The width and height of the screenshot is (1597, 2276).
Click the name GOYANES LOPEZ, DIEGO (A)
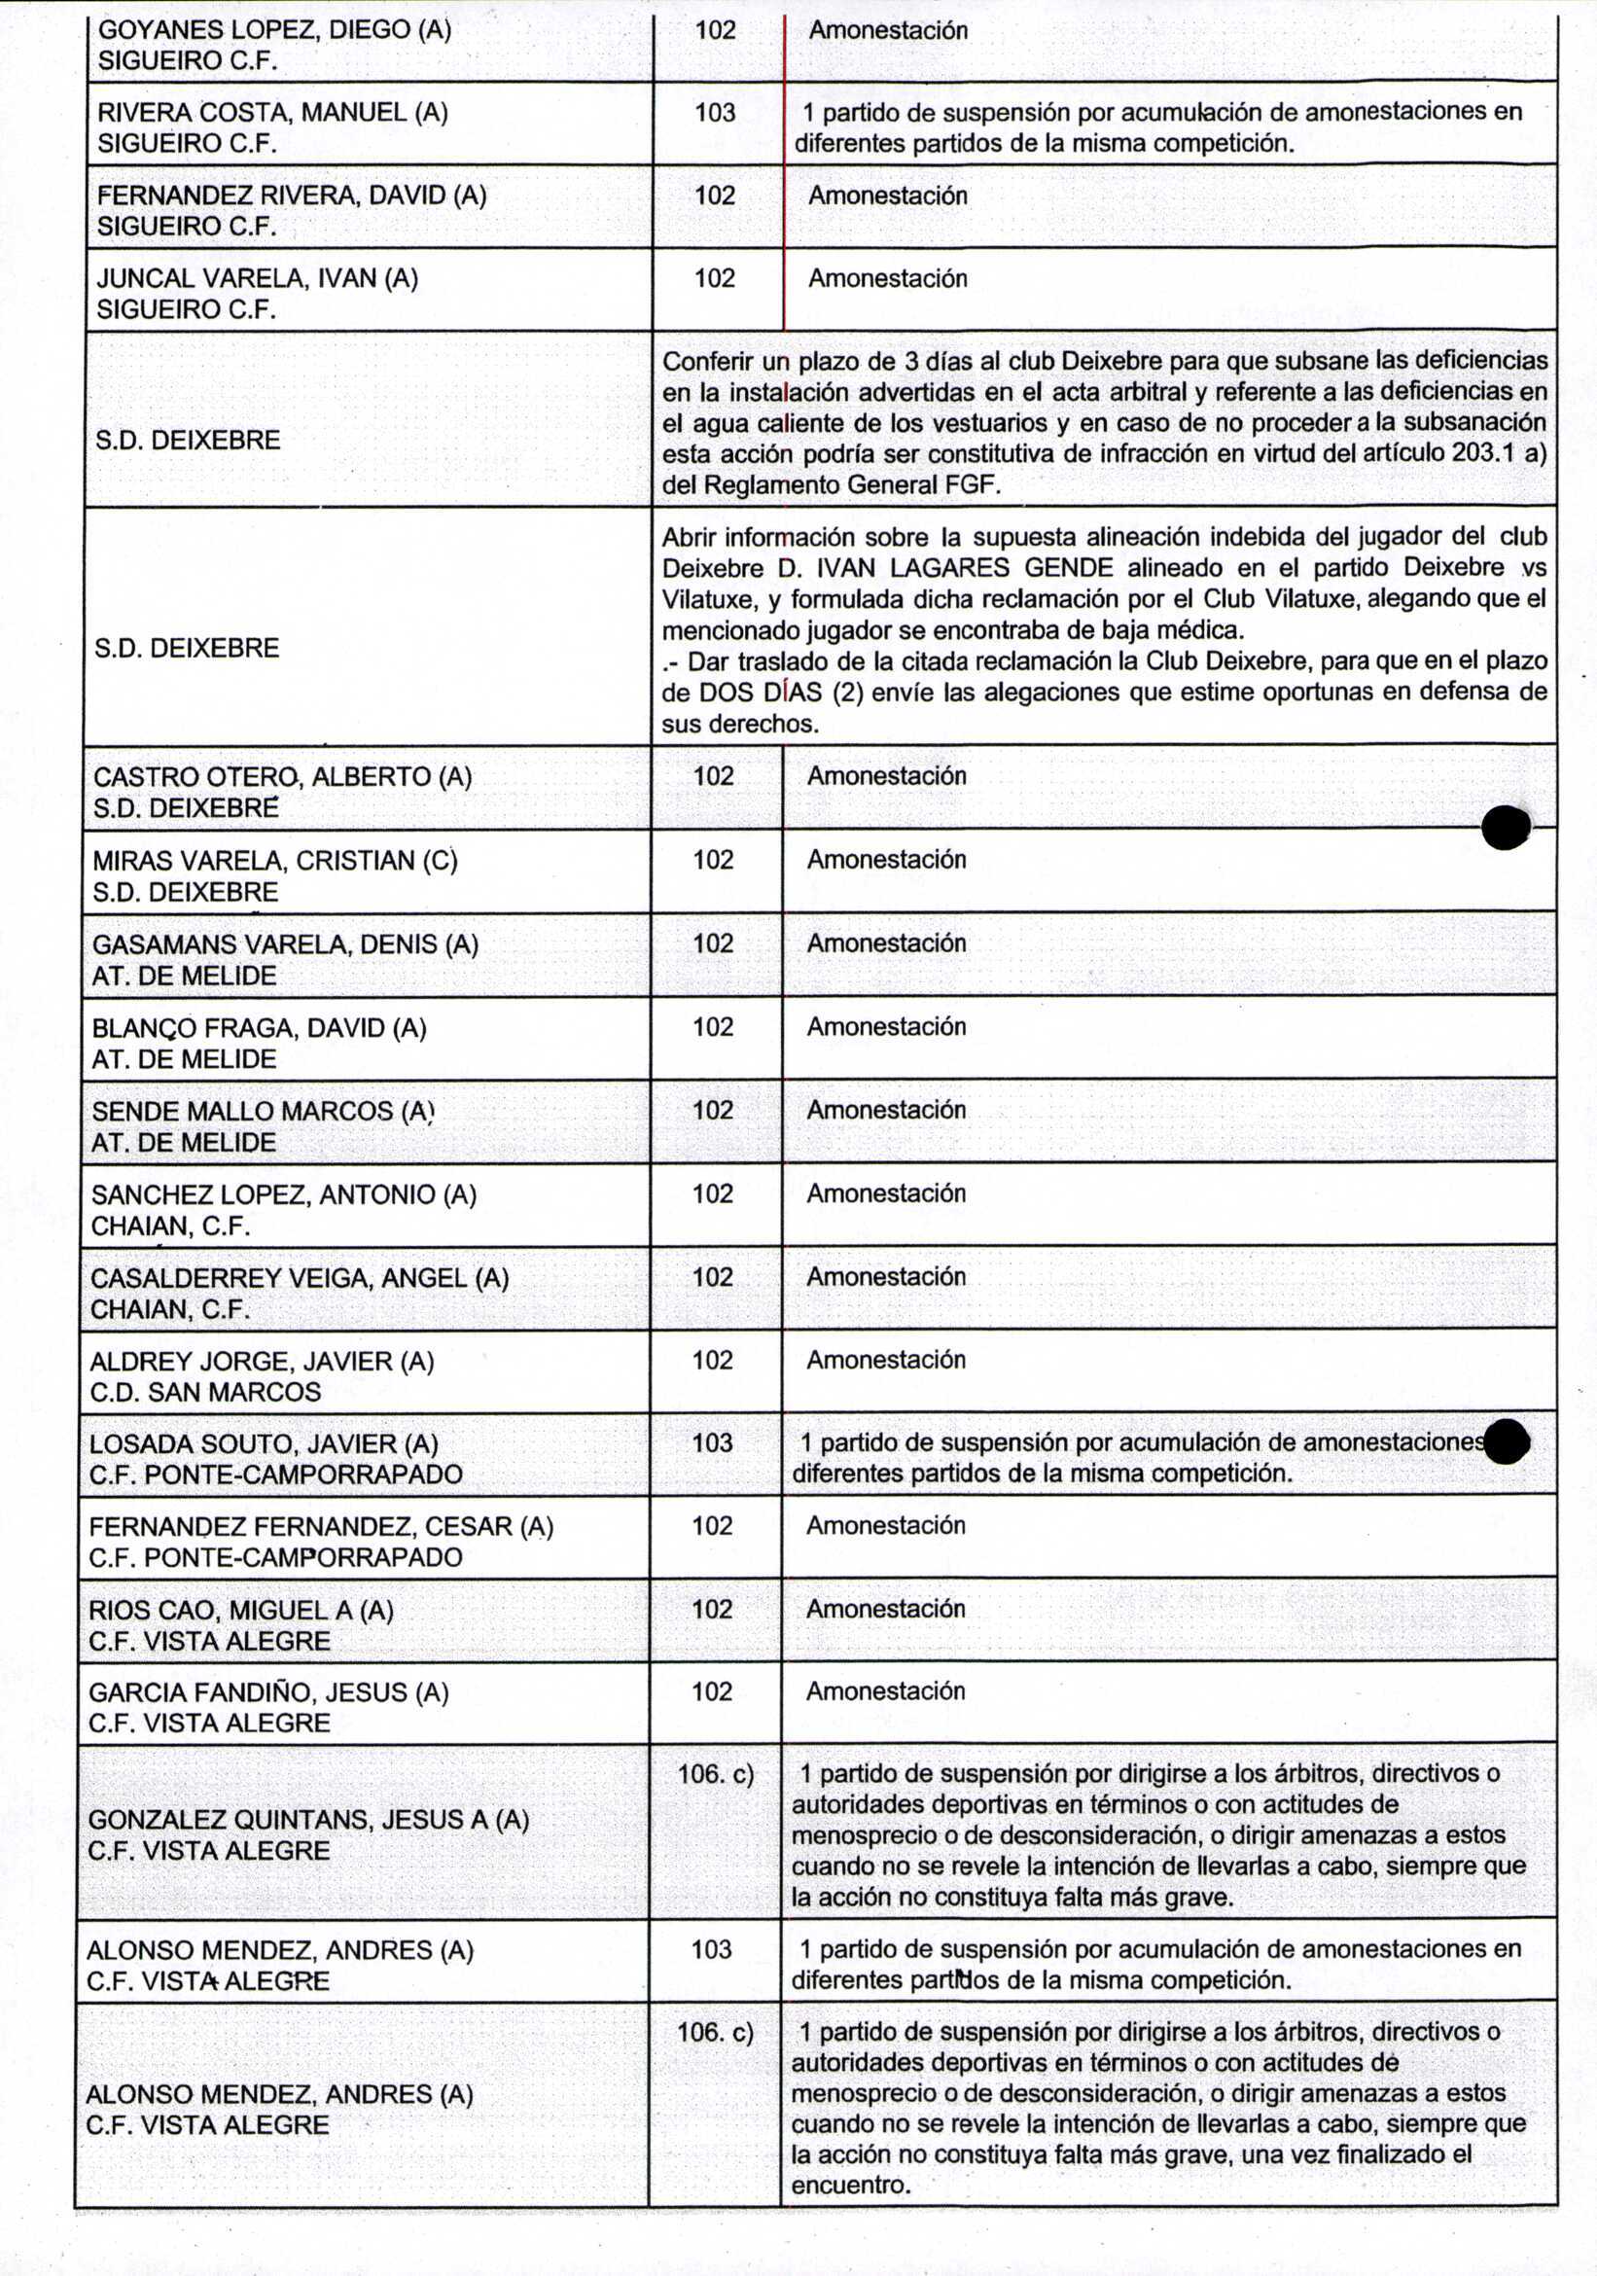(x=273, y=30)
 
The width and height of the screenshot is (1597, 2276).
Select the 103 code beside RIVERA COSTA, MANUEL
(x=715, y=113)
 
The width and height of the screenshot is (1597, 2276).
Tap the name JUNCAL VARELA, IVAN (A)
(x=257, y=278)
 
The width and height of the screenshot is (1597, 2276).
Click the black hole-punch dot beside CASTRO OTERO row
(x=1505, y=827)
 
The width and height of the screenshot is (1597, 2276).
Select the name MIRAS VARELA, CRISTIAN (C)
(x=274, y=861)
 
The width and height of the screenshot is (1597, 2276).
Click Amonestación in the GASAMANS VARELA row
(x=886, y=942)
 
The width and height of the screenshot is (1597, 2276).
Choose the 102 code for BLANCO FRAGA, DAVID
(x=713, y=1027)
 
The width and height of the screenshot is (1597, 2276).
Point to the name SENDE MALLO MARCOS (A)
(x=263, y=1111)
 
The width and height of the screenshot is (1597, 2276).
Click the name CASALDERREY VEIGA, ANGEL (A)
(x=300, y=1278)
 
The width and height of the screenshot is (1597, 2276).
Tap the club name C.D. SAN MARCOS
(x=205, y=1392)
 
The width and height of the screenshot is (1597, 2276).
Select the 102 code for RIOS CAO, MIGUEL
(x=712, y=1609)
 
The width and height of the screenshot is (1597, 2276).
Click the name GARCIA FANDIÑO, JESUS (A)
(x=268, y=1692)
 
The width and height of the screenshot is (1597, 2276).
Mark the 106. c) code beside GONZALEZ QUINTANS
(x=715, y=1774)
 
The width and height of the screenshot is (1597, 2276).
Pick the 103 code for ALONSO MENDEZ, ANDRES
(x=711, y=1949)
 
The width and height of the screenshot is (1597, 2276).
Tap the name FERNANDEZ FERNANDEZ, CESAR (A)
(x=321, y=1527)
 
